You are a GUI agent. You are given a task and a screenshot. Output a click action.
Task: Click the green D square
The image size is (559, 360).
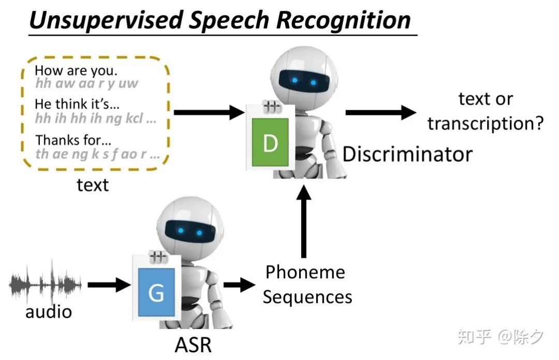click(270, 142)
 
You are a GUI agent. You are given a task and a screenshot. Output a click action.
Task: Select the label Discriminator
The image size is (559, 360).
click(407, 154)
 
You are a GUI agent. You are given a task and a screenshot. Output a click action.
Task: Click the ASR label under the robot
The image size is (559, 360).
click(193, 344)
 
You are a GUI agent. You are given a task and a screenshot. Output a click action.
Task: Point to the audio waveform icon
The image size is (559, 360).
click(46, 284)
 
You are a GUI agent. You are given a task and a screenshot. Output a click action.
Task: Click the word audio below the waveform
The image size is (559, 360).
click(49, 311)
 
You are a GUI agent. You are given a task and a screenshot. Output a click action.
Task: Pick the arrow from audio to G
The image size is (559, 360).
click(109, 284)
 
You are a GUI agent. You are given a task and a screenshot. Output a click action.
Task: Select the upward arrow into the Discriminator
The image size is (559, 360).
click(304, 219)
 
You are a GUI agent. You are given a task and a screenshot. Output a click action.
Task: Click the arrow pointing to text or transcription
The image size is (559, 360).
click(380, 112)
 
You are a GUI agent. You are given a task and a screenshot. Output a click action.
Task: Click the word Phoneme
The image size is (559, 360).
click(305, 272)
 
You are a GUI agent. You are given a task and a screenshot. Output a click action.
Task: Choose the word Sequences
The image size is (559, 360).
click(307, 297)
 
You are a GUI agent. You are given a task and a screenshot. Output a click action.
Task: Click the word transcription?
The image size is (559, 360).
click(486, 124)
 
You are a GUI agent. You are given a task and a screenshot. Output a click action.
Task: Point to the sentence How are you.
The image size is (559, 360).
click(76, 71)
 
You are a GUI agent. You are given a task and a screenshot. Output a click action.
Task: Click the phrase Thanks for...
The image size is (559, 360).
click(72, 140)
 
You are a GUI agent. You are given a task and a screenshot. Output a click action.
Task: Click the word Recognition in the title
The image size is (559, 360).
click(344, 20)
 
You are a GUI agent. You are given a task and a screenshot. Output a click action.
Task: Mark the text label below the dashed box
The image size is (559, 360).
click(93, 185)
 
